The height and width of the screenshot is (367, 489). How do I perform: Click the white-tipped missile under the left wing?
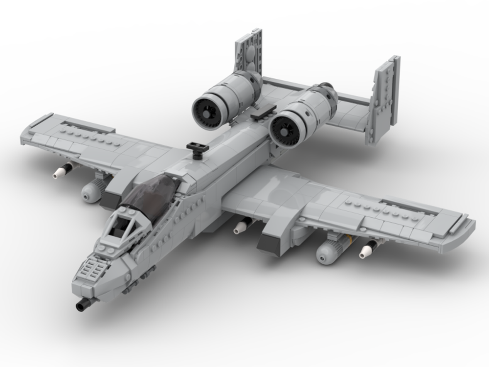(61, 171)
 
